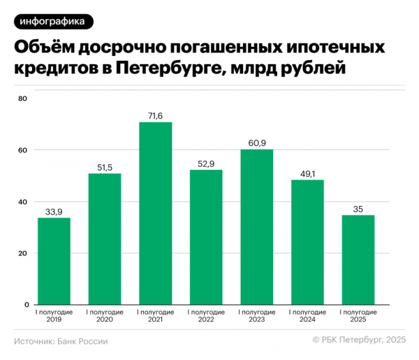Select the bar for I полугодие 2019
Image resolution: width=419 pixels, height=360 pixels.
[54, 261]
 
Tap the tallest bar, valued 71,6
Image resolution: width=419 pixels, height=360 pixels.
[155, 213]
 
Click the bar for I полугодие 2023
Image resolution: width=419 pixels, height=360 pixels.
[256, 227]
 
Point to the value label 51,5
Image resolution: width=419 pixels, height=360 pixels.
[105, 167]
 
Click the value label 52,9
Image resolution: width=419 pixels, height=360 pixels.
[206, 164]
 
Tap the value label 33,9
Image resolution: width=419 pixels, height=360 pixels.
[54, 212]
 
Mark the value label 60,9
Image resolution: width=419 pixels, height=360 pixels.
[256, 143]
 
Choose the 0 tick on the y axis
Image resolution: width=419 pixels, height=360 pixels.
[24, 305]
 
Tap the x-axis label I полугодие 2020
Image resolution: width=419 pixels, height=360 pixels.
[105, 316]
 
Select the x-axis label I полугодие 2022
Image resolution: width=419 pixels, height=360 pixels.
[206, 316]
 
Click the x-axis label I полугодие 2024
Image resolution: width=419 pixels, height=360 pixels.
[307, 316]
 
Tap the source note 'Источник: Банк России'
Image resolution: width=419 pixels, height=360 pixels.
[61, 340]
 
